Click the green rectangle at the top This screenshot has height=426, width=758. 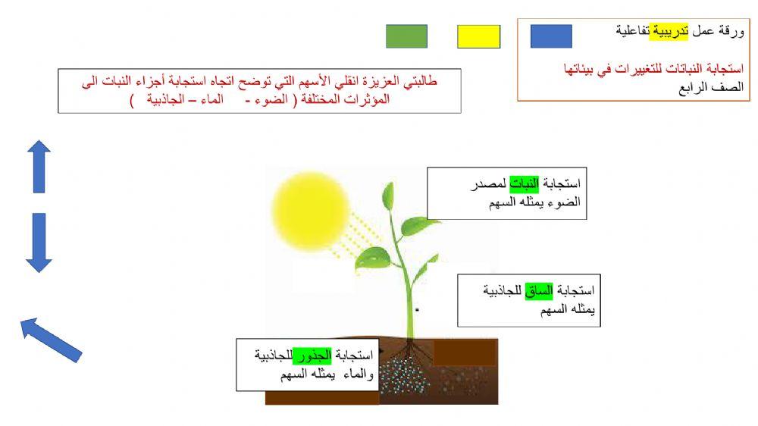pyautogui.click(x=406, y=36)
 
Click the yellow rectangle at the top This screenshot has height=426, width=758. pyautogui.click(x=478, y=36)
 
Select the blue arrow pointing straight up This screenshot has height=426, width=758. pyautogui.click(x=39, y=167)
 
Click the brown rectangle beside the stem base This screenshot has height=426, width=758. pyautogui.click(x=465, y=352)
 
